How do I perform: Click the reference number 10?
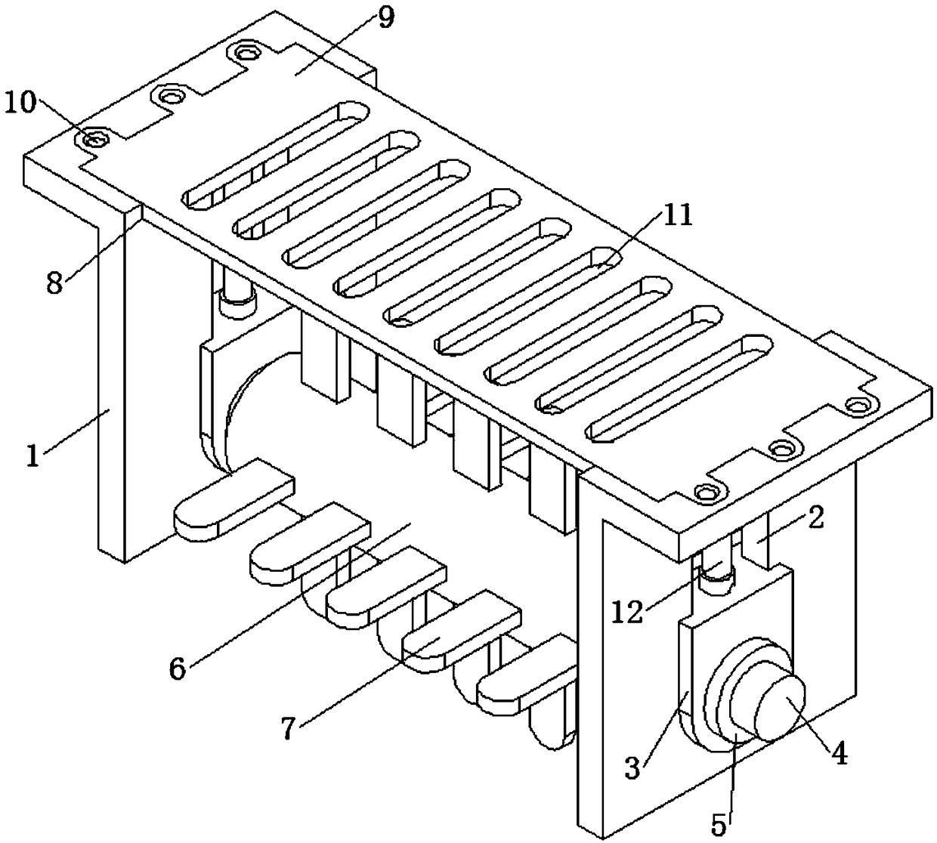(21, 102)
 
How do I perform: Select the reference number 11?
(677, 217)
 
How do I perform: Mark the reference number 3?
(633, 768)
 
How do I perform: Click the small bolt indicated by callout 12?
(715, 577)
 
